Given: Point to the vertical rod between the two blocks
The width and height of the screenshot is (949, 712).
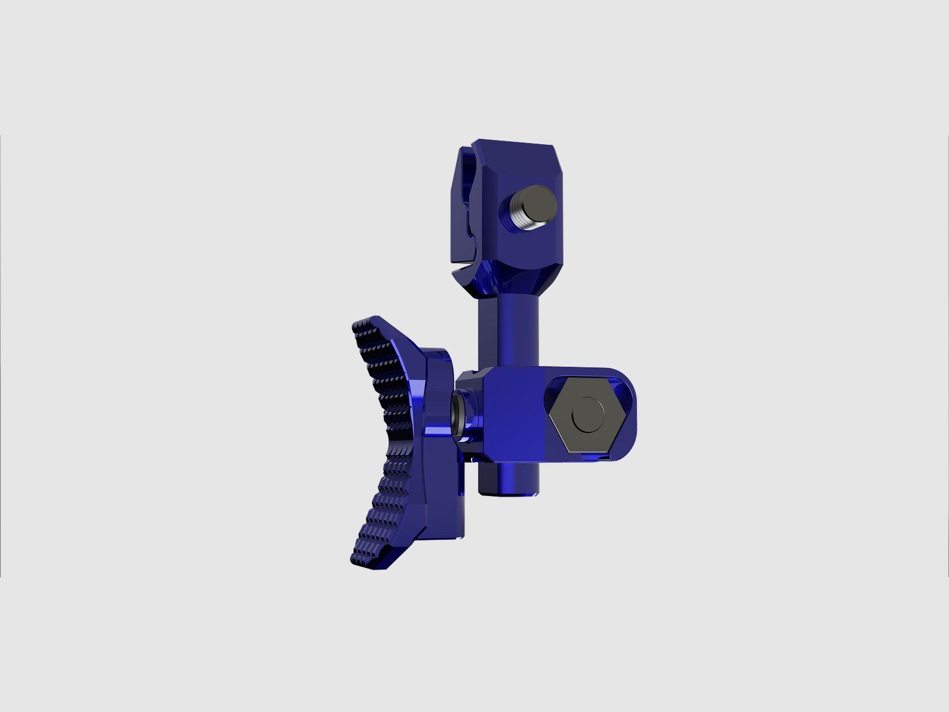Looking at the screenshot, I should [509, 332].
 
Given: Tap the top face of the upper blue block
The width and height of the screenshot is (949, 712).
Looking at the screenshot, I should [513, 145].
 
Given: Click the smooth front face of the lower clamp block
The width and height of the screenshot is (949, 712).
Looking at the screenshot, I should [513, 415].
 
